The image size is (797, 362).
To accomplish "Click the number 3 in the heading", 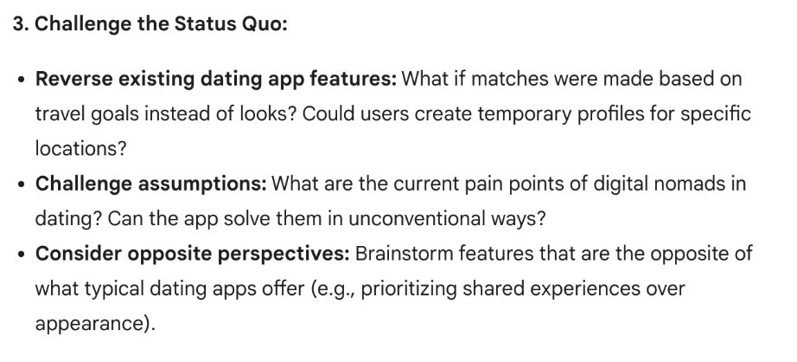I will click(x=18, y=23).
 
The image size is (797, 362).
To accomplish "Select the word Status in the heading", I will click(x=204, y=23).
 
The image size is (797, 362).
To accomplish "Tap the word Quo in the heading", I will click(x=264, y=23).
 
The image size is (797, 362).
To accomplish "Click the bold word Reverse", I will click(x=72, y=80).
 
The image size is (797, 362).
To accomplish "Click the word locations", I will click(x=80, y=148).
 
